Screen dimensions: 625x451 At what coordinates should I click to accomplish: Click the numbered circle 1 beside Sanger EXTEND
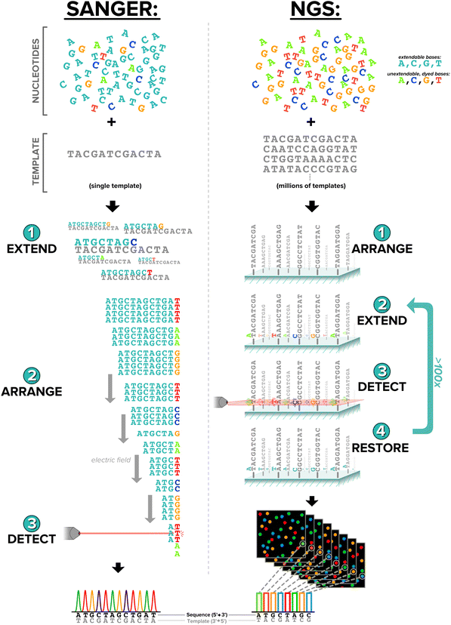click(29, 232)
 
